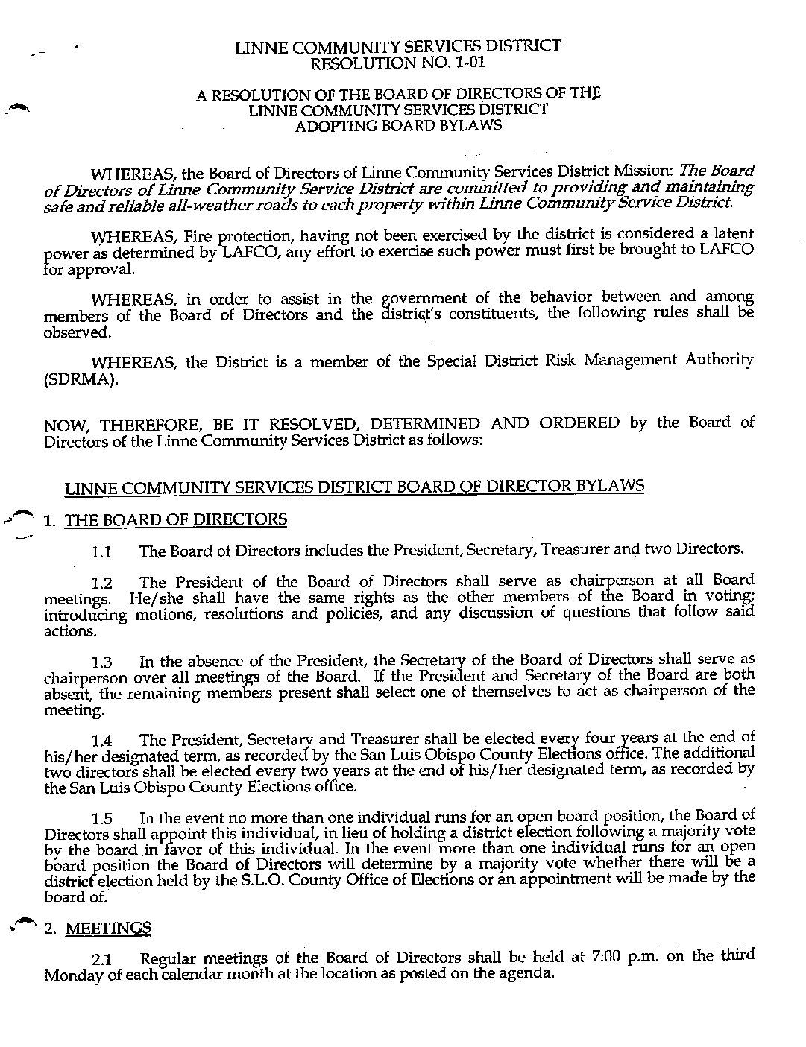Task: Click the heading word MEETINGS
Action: (108, 929)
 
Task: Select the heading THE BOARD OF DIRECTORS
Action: (176, 520)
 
